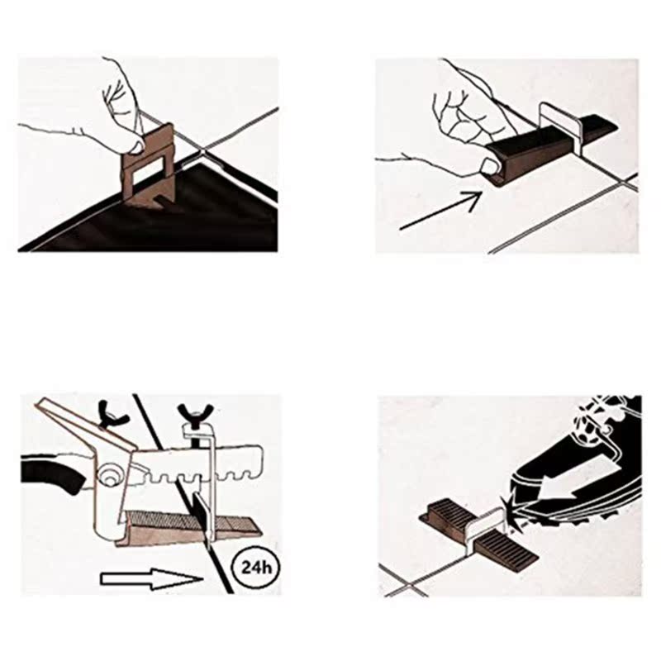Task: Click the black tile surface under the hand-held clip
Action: [198, 219]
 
